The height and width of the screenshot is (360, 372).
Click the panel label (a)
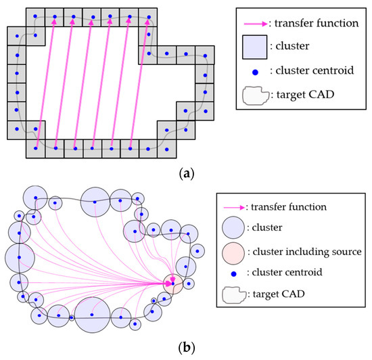point(185,173)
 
